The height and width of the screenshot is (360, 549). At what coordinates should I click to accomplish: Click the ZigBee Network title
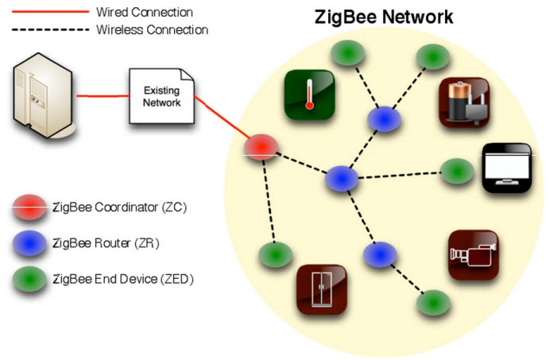point(384,17)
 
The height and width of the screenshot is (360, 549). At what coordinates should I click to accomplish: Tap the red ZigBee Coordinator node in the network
point(261,147)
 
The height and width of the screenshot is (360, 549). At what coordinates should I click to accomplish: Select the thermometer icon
point(310,95)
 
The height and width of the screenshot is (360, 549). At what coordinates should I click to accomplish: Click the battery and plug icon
point(464,103)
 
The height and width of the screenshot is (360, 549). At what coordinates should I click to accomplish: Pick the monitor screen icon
point(507,168)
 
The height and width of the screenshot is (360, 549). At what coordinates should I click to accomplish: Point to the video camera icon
point(473,255)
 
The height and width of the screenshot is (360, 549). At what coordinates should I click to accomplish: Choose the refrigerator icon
point(322,289)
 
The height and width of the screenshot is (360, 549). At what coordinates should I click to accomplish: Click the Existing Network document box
point(162,96)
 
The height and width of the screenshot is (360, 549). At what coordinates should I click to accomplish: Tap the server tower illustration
point(43,95)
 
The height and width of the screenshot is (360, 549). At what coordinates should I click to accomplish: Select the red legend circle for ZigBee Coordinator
point(29,207)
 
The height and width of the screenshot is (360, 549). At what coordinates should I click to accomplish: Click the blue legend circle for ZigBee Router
point(29,243)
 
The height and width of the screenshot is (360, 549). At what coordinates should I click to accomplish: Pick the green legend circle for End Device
point(29,279)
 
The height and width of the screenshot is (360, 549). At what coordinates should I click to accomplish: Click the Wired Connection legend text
point(145,12)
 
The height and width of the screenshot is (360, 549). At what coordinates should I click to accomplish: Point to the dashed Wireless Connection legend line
point(50,29)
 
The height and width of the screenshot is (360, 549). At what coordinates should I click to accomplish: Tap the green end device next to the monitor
point(457,171)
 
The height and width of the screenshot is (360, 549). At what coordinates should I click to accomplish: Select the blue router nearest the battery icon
point(384,119)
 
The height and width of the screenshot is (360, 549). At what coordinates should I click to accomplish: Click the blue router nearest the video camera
point(380,254)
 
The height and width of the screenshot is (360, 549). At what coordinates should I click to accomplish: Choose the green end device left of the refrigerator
point(276,254)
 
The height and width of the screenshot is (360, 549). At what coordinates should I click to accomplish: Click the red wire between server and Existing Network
point(103,95)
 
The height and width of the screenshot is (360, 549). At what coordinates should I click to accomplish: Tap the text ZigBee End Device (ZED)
point(123,279)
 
